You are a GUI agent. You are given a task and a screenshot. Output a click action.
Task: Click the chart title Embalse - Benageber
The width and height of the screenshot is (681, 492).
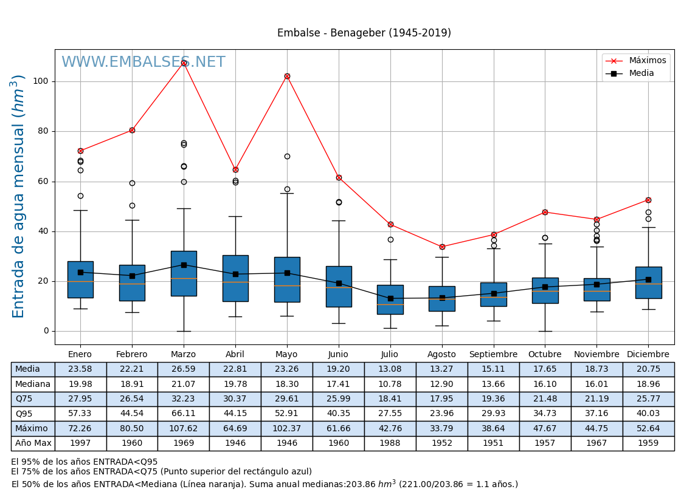coord(364,33)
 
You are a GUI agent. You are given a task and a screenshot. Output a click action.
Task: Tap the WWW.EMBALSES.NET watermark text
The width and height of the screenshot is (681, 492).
coord(143,63)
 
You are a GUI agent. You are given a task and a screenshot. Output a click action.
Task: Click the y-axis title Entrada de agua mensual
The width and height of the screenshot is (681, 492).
coord(18,196)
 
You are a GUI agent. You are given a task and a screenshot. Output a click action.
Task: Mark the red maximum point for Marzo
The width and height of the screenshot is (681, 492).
coord(184,63)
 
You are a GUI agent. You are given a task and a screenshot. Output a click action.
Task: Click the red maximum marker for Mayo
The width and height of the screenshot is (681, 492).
coord(287,77)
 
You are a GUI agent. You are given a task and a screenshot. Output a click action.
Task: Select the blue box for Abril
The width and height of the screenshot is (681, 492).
coord(235,278)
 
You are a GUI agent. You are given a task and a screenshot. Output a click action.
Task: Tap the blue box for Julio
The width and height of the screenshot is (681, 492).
coord(390,299)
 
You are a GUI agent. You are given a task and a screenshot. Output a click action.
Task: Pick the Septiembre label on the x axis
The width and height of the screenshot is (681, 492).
coord(493,355)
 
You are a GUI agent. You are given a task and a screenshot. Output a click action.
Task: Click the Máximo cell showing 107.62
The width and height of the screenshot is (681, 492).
coord(183,428)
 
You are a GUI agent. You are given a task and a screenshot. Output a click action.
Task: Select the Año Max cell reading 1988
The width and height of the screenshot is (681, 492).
coord(390,443)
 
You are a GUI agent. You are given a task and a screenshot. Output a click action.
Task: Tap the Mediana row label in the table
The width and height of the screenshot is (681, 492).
coord(33,384)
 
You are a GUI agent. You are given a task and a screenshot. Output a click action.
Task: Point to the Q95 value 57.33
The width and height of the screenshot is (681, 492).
coord(80,414)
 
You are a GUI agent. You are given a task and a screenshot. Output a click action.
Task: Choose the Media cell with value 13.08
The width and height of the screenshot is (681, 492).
coord(390,369)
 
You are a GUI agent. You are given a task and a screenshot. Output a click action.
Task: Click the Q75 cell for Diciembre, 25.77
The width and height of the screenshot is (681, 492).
coord(648,399)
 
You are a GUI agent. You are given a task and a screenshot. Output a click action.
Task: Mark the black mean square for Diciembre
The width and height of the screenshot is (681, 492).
coord(648,279)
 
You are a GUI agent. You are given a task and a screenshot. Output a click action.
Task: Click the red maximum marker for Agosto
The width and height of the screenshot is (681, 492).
coord(442,247)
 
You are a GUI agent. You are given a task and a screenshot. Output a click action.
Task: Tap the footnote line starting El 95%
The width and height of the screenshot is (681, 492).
coord(85,462)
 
